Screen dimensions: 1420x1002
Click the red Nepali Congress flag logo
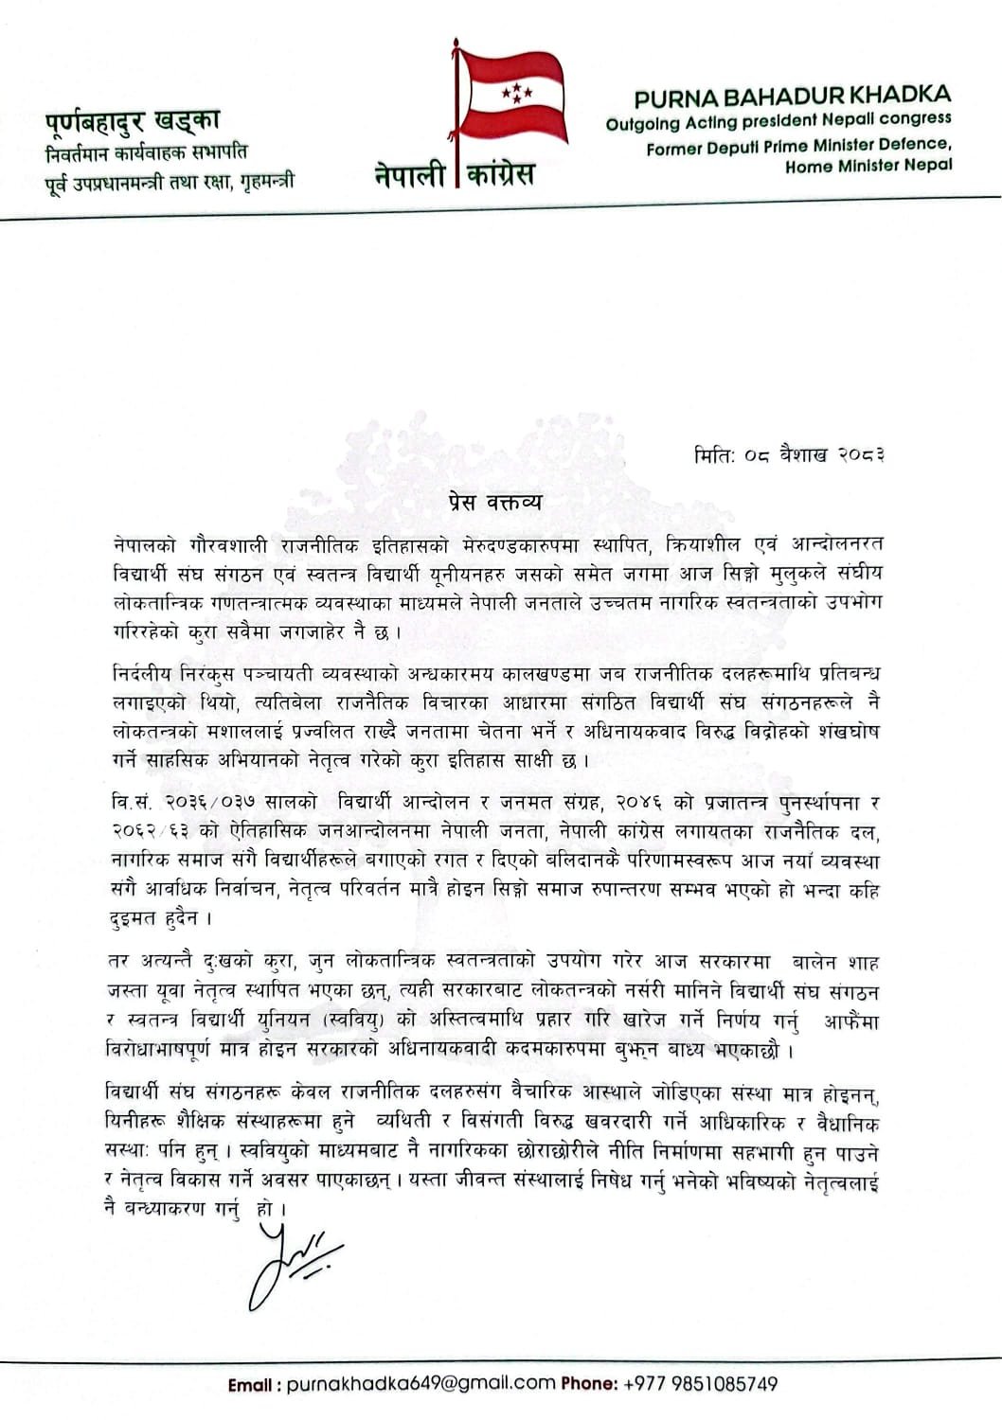pyautogui.click(x=511, y=95)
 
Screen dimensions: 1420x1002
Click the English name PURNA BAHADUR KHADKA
pyautogui.click(x=792, y=96)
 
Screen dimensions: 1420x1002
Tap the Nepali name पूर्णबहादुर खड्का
pyautogui.click(x=133, y=122)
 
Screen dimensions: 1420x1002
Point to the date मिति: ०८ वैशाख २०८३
pyautogui.click(x=789, y=455)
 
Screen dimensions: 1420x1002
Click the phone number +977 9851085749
pyautogui.click(x=701, y=1384)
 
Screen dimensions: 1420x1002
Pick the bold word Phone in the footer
pyautogui.click(x=589, y=1384)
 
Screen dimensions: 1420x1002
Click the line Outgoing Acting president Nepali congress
pyautogui.click(x=778, y=120)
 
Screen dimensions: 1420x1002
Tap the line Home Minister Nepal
pyautogui.click(x=868, y=166)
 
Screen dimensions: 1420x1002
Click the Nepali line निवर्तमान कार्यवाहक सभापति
pyautogui.click(x=147, y=151)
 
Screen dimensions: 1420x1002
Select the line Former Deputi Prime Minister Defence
pyautogui.click(x=798, y=145)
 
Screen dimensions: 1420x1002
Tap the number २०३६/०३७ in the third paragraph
pyautogui.click(x=209, y=803)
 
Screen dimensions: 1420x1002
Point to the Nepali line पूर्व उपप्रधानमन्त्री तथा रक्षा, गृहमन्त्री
pyautogui.click(x=170, y=180)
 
